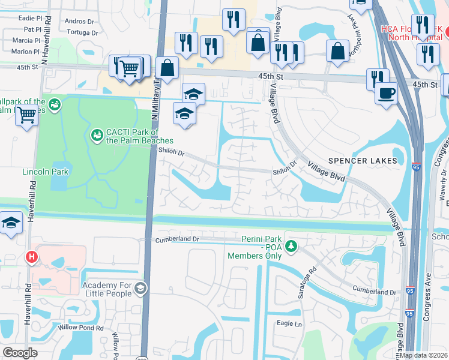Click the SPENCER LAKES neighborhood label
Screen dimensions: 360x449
click(x=363, y=161)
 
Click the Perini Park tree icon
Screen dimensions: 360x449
click(x=291, y=247)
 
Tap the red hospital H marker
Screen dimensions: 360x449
click(x=32, y=257)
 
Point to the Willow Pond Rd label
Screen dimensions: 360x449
click(x=80, y=328)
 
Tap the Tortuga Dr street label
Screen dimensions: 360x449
click(x=82, y=32)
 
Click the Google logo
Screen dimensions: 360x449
click(x=20, y=353)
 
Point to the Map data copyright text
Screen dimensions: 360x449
click(x=423, y=355)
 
